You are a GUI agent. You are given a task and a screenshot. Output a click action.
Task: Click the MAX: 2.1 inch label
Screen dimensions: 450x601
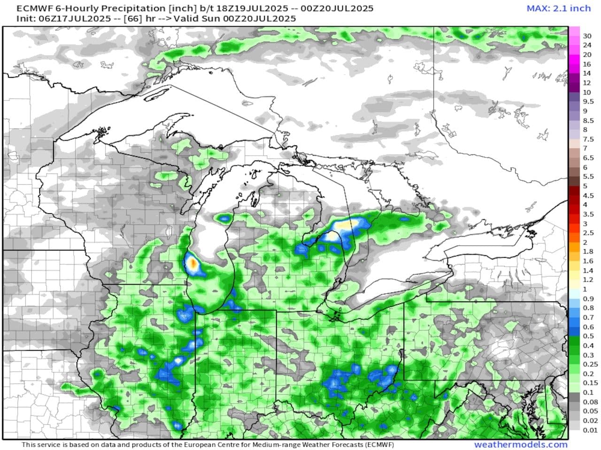pos(558,8)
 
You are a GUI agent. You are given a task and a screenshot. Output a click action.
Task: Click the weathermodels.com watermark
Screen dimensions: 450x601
pos(521,444)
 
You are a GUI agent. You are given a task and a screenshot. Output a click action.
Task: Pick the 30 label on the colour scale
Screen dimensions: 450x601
pos(587,36)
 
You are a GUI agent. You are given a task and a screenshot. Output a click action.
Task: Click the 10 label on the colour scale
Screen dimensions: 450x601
pos(587,92)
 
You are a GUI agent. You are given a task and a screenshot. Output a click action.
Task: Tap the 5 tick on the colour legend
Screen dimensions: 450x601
pos(585,186)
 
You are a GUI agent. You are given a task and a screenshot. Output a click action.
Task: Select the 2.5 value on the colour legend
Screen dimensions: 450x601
pos(588,233)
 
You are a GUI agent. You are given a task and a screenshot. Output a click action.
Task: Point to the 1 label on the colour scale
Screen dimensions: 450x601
pos(585,289)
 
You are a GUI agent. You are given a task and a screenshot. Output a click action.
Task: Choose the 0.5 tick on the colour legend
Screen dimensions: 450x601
pos(588,336)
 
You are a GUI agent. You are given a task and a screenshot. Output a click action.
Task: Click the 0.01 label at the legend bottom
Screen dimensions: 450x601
pos(590,430)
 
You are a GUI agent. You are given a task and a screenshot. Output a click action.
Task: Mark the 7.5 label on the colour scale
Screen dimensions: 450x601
pos(588,139)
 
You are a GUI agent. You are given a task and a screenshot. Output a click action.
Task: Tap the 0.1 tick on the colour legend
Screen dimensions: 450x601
pos(588,392)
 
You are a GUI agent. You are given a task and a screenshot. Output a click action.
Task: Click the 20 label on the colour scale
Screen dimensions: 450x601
pos(587,55)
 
